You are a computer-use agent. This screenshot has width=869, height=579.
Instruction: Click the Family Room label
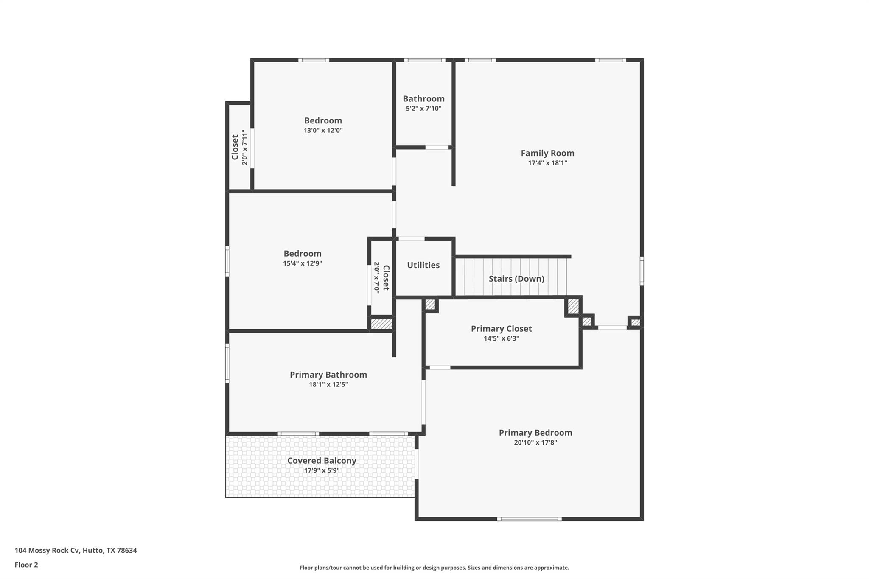547,153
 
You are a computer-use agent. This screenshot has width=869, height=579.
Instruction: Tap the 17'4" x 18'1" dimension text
547,163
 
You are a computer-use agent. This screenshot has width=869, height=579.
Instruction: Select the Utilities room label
423,265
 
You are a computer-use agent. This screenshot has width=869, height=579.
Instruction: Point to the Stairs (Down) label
516,279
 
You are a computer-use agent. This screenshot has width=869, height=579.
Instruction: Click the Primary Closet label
501,329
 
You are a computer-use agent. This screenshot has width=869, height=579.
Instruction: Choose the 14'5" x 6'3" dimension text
501,338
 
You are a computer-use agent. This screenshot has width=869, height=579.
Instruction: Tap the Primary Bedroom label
535,433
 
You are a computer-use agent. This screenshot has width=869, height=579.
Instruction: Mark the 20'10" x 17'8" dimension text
535,442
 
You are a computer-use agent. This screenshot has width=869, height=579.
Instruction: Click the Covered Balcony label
322,461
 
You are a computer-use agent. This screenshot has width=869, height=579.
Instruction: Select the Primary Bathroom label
328,375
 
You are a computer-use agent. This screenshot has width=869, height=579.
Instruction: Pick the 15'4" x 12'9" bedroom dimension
303,263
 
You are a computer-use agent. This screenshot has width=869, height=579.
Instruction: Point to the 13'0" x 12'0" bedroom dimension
323,131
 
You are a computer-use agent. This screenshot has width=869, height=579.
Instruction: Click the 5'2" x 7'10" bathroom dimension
423,109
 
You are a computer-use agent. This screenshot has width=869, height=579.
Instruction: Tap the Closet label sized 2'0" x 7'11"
235,147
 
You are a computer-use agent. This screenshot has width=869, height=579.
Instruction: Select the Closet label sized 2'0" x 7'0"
386,278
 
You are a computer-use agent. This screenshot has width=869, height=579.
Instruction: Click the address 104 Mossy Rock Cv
76,551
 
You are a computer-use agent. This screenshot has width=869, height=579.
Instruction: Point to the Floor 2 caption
26,565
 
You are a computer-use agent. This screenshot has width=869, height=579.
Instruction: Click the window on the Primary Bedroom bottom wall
529,519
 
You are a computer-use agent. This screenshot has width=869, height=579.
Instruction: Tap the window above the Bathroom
424,60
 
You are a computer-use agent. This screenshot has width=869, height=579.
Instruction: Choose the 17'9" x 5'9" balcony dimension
322,470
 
